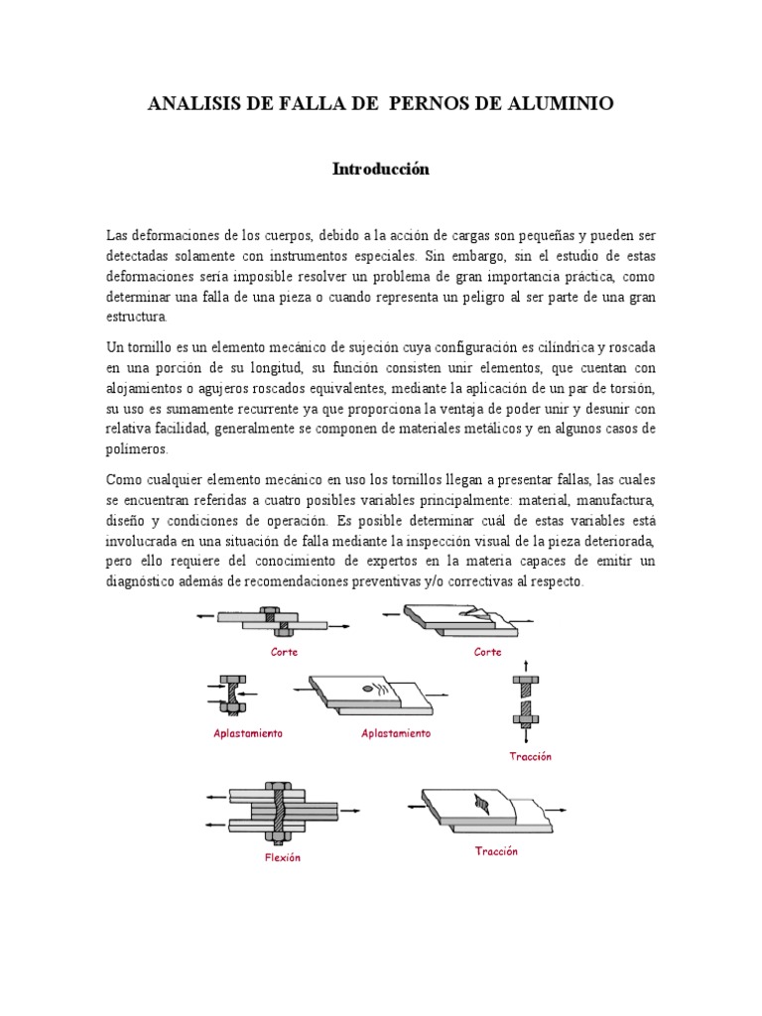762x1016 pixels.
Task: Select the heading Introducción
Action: pyautogui.click(x=380, y=169)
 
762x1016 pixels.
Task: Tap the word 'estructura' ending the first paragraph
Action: pyautogui.click(x=137, y=317)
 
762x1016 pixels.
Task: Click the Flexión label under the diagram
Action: pyautogui.click(x=282, y=857)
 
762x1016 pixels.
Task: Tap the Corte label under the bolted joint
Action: pyautogui.click(x=284, y=652)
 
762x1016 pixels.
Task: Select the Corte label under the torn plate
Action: pyautogui.click(x=487, y=652)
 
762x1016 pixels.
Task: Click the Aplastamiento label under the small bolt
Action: pyautogui.click(x=248, y=733)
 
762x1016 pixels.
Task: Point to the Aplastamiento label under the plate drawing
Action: pyautogui.click(x=396, y=733)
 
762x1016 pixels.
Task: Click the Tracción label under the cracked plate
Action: pyautogui.click(x=496, y=851)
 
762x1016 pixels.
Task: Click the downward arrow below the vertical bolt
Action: pyautogui.click(x=526, y=735)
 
